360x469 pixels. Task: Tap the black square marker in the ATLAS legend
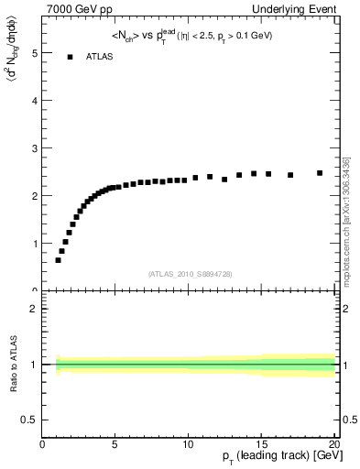pyautogui.click(x=70, y=57)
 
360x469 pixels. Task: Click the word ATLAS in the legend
pyautogui.click(x=100, y=57)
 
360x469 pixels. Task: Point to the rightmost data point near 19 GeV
pyautogui.click(x=320, y=172)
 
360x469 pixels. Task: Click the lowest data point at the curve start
pyautogui.click(x=58, y=260)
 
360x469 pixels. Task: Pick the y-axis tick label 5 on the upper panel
pyautogui.click(x=34, y=53)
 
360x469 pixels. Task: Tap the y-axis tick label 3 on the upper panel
pyautogui.click(x=34, y=148)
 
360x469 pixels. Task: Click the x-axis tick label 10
pyautogui.click(x=188, y=445)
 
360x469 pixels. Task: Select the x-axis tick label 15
pyautogui.click(x=261, y=445)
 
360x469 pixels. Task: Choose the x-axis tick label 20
pyautogui.click(x=333, y=445)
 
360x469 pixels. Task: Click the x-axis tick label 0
pyautogui.click(x=43, y=445)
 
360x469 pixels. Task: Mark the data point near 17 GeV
pyautogui.click(x=290, y=175)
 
